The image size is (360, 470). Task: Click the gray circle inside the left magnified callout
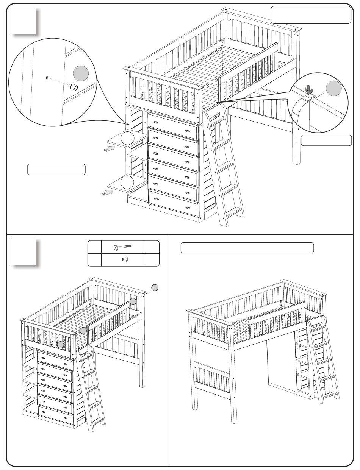coord(80,73)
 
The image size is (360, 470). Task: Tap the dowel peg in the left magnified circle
coord(73,87)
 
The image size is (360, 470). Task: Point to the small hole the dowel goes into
coord(47,78)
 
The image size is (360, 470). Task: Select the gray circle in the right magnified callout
coord(334,88)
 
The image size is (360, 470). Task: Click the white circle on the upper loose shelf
coord(127,138)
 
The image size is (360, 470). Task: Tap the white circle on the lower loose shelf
coord(127,182)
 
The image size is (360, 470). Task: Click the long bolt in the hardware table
coord(122,247)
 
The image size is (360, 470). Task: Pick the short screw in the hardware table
coord(124,259)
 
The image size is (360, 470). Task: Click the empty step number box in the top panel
coord(23,21)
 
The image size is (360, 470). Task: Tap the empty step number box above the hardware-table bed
coord(23,252)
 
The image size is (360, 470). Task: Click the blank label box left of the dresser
coord(56,169)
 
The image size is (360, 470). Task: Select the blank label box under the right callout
coord(326,140)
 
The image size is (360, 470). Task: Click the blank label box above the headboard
coord(311,15)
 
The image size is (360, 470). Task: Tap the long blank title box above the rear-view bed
coord(247,248)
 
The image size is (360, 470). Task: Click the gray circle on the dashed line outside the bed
coord(155,288)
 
